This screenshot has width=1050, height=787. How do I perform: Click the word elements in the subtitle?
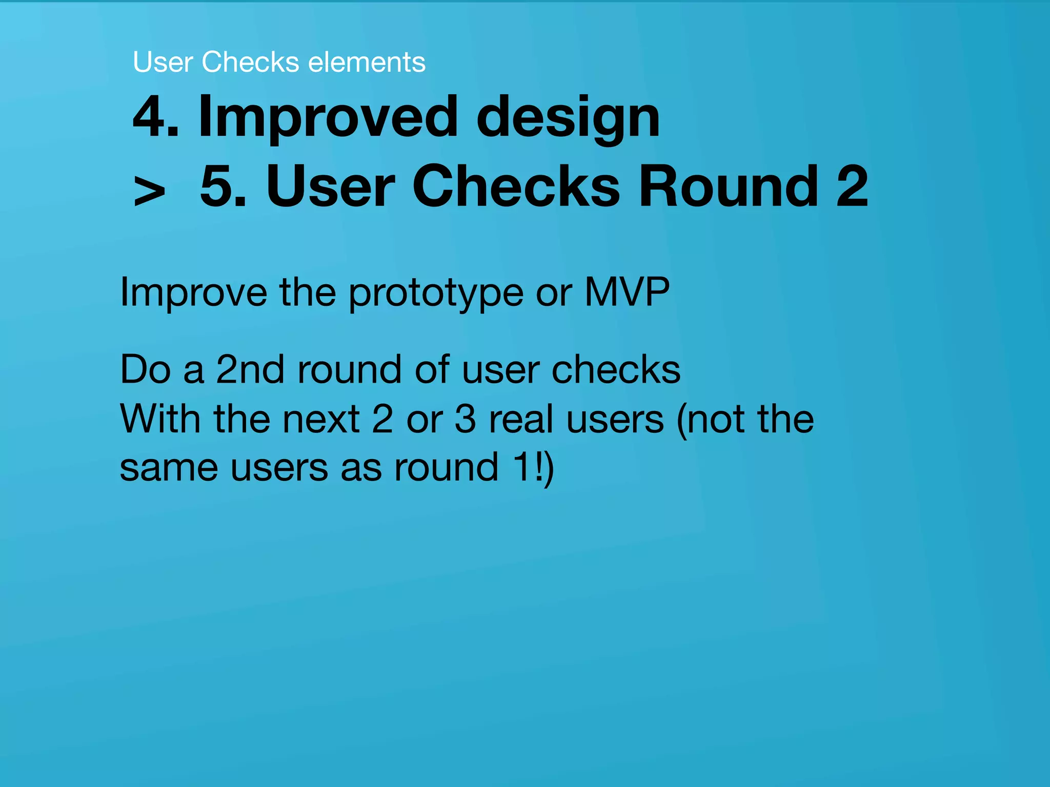pyautogui.click(x=367, y=62)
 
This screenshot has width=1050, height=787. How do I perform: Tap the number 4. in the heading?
pyautogui.click(x=155, y=117)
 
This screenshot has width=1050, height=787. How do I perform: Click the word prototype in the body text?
pyautogui.click(x=436, y=294)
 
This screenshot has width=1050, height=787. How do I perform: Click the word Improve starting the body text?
pyautogui.click(x=193, y=294)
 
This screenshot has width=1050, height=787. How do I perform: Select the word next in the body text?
pyautogui.click(x=321, y=419)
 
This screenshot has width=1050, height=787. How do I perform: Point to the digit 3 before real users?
pyautogui.click(x=465, y=419)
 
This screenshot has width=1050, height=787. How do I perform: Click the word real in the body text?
pyautogui.click(x=520, y=419)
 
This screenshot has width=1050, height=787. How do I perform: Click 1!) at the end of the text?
pyautogui.click(x=533, y=467)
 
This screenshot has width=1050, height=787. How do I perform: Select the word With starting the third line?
pyautogui.click(x=160, y=419)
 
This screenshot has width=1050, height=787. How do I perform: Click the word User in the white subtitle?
pyautogui.click(x=163, y=62)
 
